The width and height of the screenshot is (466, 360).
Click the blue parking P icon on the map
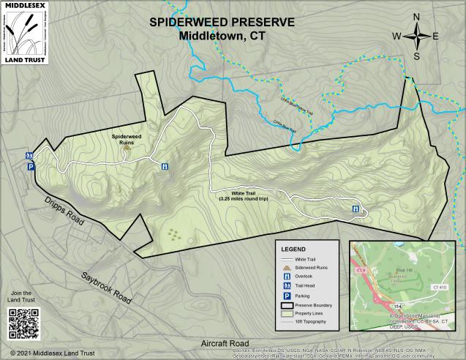31,167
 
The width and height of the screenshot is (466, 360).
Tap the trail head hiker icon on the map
29,155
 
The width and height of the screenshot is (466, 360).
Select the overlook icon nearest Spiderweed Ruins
166,166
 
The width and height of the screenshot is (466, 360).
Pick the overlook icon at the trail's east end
356,209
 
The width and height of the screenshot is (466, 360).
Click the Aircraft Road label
225,343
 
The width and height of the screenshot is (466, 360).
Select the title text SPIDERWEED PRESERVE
222,22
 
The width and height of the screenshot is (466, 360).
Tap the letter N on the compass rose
416,18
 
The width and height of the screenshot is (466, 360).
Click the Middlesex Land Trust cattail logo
24,32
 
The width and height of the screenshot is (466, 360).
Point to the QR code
22,322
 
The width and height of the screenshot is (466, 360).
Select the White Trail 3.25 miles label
243,194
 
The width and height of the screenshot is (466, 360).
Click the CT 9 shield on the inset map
362,270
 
